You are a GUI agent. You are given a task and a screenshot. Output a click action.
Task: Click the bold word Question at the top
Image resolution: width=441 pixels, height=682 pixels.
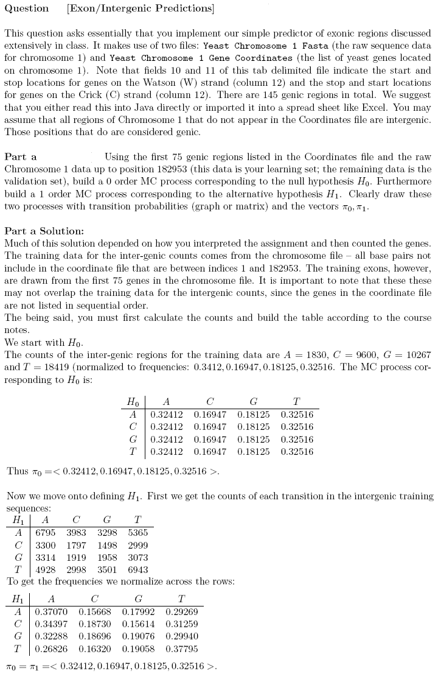pos(27,9)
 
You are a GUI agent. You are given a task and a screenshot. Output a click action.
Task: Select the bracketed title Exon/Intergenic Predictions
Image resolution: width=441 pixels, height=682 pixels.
pos(140,9)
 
